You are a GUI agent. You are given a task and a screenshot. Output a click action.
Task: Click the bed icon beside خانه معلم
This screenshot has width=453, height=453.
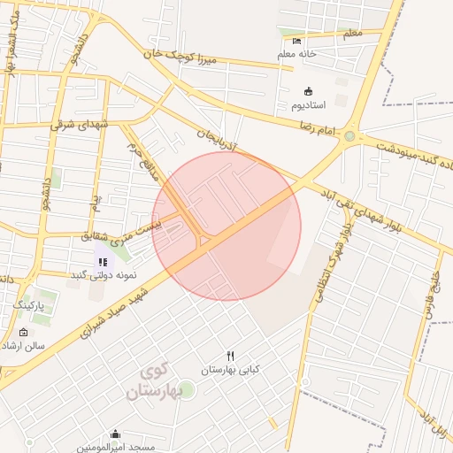click(297, 40)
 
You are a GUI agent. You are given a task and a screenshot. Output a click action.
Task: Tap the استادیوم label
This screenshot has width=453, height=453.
click(316, 105)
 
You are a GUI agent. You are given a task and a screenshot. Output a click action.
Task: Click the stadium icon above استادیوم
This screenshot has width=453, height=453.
click(308, 91)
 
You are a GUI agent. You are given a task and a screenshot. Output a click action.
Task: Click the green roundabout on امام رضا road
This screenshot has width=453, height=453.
click(349, 136)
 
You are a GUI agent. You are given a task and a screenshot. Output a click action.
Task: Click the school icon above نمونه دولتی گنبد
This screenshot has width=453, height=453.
click(103, 262)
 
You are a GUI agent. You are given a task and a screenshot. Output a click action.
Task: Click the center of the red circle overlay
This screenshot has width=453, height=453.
click(226, 226)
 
